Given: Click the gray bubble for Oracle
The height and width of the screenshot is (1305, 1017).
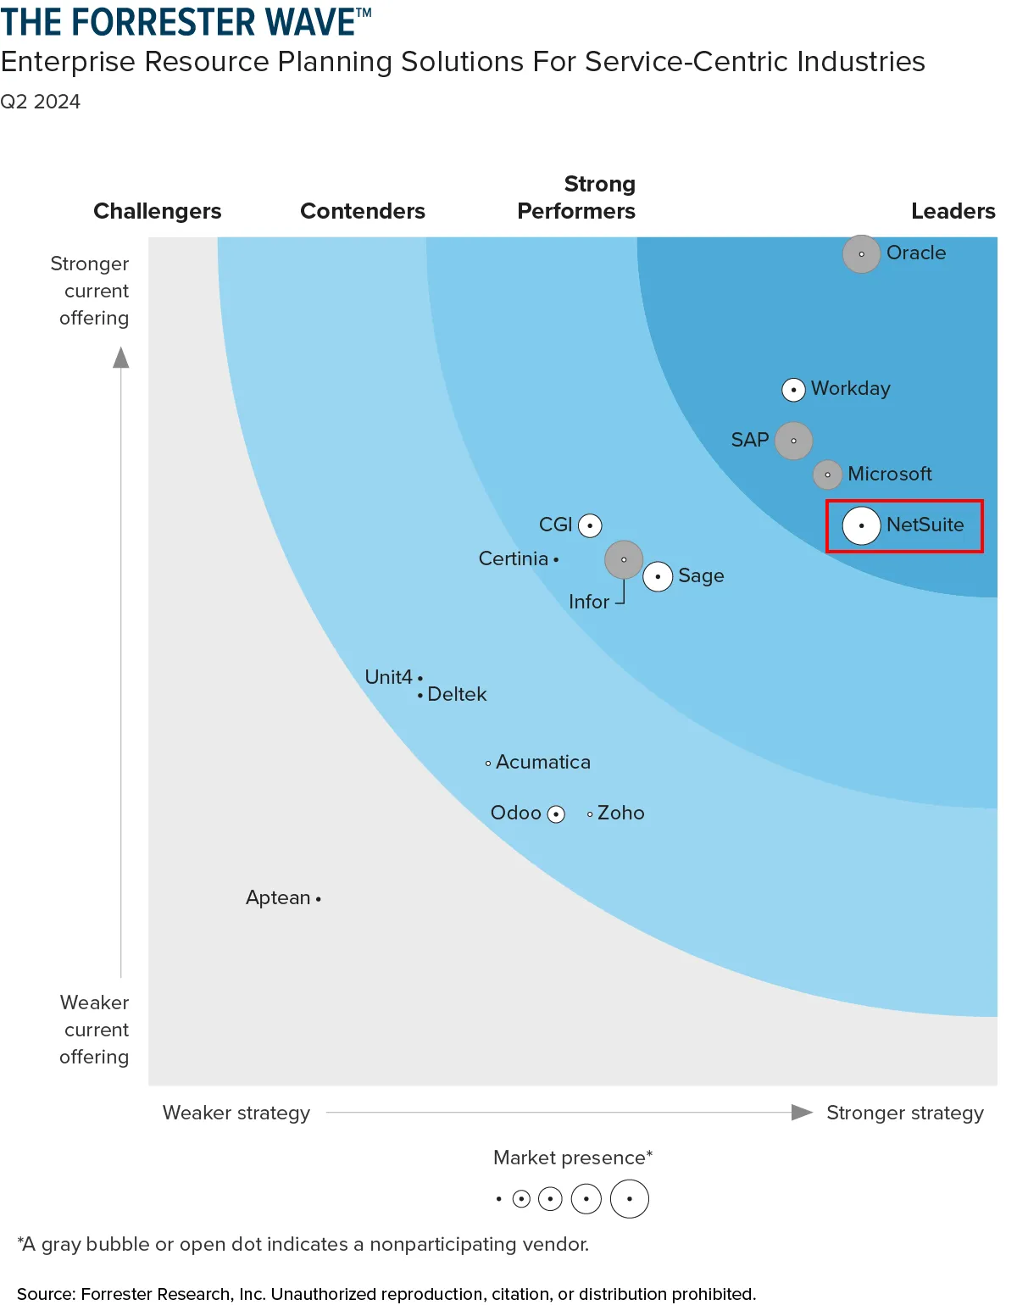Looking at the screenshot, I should [x=861, y=254].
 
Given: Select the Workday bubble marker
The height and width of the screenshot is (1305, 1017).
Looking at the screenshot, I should [x=793, y=390].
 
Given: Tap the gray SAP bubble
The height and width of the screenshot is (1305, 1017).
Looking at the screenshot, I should [x=793, y=441].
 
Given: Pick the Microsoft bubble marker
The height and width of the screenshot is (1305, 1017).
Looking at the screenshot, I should [x=827, y=475].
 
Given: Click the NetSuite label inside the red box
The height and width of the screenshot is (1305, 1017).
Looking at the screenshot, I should [x=925, y=525].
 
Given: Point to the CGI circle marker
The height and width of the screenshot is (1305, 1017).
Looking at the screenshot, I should [x=590, y=525].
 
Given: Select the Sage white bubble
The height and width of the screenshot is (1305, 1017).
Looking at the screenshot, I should [x=658, y=576].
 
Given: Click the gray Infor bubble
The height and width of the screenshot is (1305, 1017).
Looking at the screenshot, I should [x=624, y=559].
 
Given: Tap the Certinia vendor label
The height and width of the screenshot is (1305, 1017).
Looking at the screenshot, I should [x=513, y=559].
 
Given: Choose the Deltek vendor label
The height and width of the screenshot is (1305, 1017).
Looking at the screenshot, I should [x=457, y=695].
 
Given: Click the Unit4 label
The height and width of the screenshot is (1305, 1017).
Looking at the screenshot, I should [x=388, y=677].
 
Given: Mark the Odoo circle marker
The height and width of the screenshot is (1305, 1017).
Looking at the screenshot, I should [x=556, y=814].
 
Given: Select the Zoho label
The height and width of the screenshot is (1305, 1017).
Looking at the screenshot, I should [x=620, y=814].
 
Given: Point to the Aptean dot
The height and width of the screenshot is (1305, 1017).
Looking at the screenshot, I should [x=318, y=898].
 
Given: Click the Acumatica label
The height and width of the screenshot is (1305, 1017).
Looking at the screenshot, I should [x=542, y=763].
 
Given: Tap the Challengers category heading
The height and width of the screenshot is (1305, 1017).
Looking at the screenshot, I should [x=157, y=211].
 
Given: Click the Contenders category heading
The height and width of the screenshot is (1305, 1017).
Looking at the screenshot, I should [x=363, y=211].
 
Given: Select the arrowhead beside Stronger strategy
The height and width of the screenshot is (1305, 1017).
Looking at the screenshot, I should [x=801, y=1112].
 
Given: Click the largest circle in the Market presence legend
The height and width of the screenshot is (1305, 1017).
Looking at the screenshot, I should [x=629, y=1198].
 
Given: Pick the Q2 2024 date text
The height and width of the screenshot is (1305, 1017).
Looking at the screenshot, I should [x=40, y=102].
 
